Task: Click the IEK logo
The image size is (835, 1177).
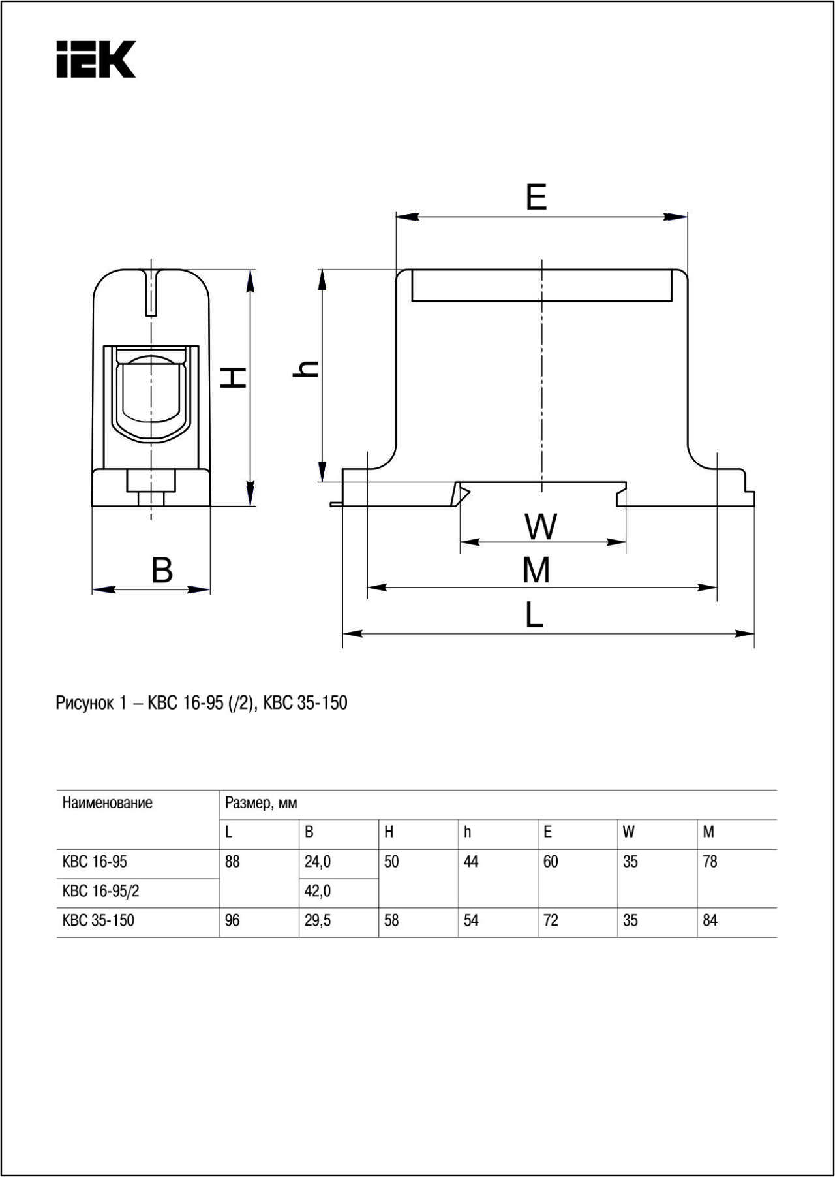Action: (x=96, y=59)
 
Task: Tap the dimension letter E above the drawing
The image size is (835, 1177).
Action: (x=536, y=196)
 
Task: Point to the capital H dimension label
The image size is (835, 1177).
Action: (x=233, y=377)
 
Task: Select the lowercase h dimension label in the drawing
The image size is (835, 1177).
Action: (x=305, y=369)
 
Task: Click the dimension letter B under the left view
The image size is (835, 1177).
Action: (x=162, y=569)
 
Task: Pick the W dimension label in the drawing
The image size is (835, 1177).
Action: (x=541, y=527)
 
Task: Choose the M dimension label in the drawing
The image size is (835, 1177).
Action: (x=536, y=570)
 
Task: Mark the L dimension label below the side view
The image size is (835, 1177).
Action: (x=534, y=615)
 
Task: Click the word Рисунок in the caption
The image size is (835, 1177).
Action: (x=84, y=703)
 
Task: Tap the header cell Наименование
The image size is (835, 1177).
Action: (x=107, y=803)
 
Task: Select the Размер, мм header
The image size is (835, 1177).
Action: (x=261, y=803)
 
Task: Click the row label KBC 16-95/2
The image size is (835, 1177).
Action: (x=100, y=891)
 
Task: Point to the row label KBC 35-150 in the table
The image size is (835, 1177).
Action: (x=98, y=920)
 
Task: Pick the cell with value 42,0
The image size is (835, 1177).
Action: (x=318, y=891)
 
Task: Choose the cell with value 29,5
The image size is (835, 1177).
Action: (x=318, y=920)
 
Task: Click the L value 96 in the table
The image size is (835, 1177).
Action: (x=232, y=920)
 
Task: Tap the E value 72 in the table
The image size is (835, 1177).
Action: (x=551, y=920)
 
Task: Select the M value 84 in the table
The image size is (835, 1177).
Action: (x=710, y=920)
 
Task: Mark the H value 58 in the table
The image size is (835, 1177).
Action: (x=391, y=920)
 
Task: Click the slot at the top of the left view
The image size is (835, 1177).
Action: (x=151, y=292)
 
